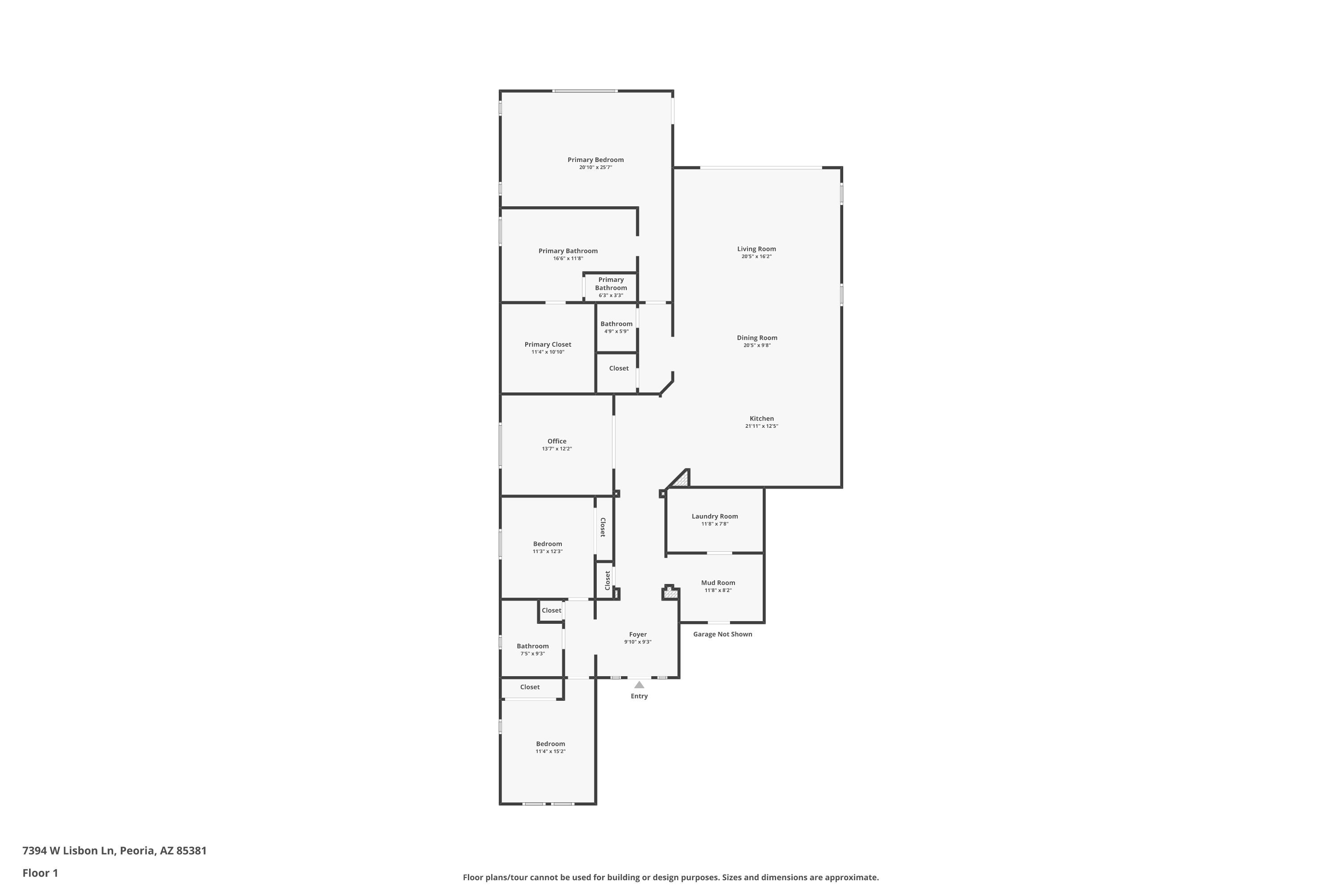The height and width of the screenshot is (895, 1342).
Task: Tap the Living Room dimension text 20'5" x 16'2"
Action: coord(756,257)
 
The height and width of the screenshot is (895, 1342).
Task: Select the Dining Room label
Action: coord(756,338)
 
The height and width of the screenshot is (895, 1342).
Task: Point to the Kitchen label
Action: coord(762,418)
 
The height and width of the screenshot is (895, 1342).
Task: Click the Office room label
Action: coord(557,441)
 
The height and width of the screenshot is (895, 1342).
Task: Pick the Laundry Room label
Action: coord(714,516)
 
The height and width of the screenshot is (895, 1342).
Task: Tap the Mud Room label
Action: coord(718,583)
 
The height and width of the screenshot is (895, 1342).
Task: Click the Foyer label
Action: coord(638,634)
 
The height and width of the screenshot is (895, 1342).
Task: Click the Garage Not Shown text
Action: coord(722,634)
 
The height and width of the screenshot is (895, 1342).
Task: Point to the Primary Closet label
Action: coord(548,344)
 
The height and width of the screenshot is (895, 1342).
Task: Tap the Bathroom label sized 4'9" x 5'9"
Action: coord(616,324)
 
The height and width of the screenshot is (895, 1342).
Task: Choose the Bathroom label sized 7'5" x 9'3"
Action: coord(532,646)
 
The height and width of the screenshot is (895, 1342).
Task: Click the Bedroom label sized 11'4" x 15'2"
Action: coord(550,744)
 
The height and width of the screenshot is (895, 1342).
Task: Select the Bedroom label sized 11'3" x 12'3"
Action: coord(547,544)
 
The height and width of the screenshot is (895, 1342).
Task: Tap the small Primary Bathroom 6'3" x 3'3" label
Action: coord(611,287)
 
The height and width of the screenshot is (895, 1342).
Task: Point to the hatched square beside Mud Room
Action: coord(671,594)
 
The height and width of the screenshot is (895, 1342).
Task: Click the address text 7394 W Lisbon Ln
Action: coord(68,851)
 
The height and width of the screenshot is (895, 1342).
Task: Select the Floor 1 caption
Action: coord(40,873)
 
